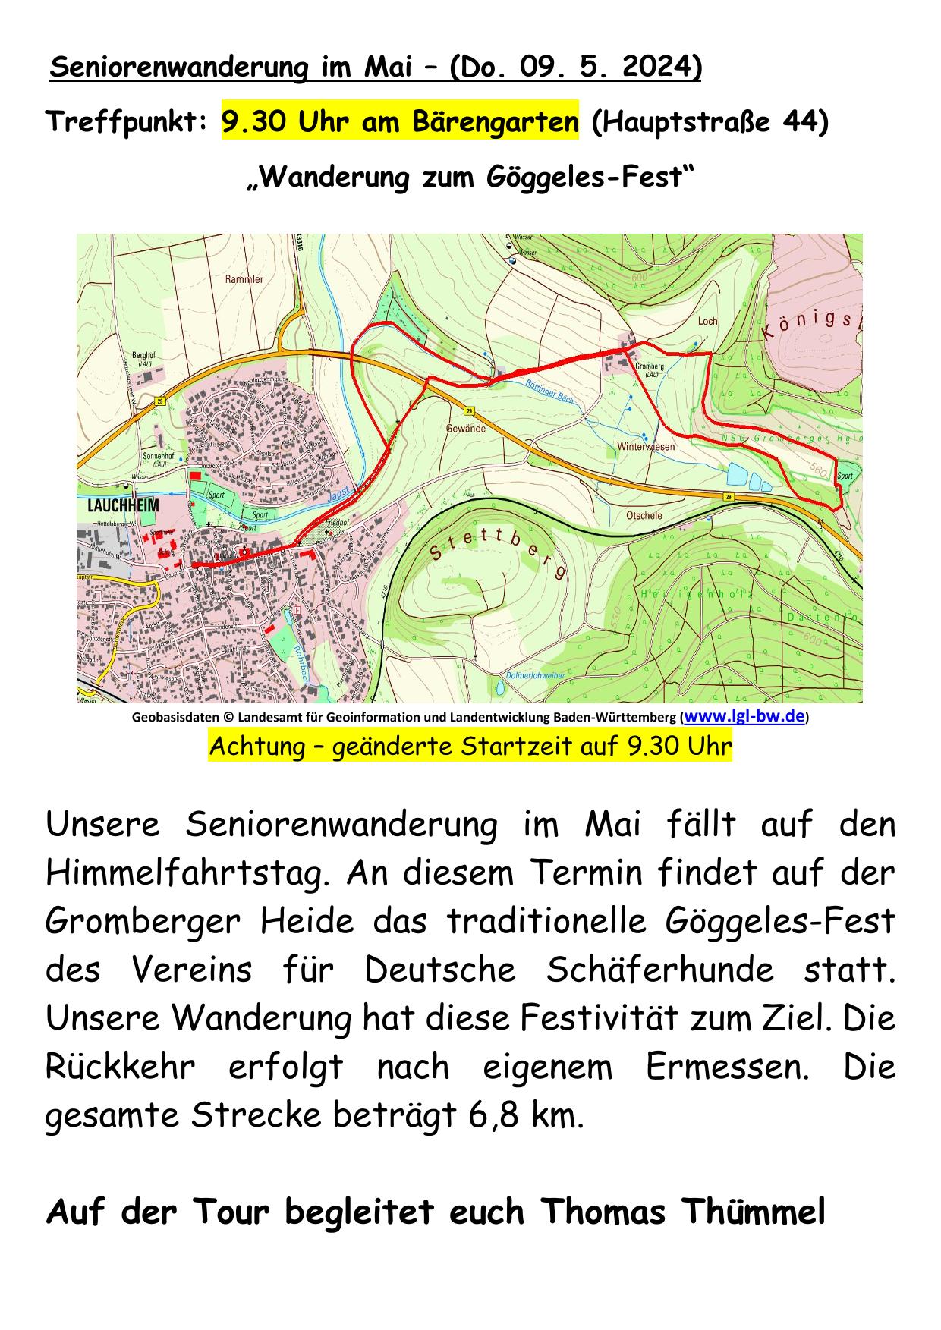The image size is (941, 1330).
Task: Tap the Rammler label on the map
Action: pyautogui.click(x=244, y=279)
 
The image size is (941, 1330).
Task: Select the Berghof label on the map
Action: pyautogui.click(x=144, y=355)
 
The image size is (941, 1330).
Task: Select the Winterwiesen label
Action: pyautogui.click(x=646, y=447)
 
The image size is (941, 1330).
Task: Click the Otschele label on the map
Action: pyautogui.click(x=644, y=516)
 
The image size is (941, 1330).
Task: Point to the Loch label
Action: pyautogui.click(x=707, y=321)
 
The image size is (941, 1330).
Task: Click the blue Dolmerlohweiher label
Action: pyautogui.click(x=534, y=675)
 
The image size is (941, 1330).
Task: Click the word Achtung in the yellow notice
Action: pyautogui.click(x=254, y=747)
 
